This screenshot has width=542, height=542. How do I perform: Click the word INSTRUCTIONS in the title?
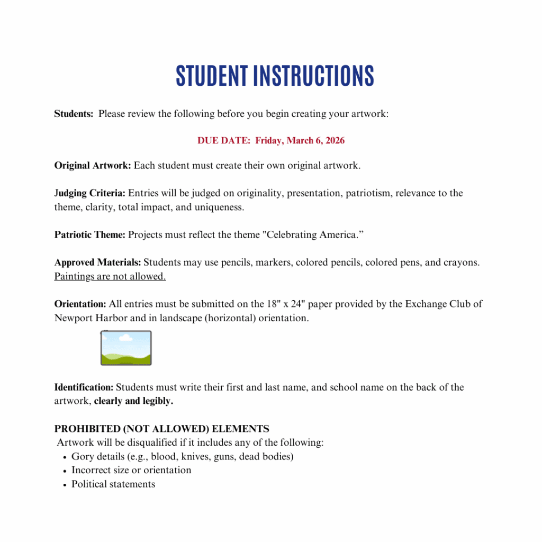point(313,76)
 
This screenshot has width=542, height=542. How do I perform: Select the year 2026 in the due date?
point(333,141)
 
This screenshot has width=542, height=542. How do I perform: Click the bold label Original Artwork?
point(93,166)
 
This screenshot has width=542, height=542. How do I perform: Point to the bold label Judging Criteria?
point(90,193)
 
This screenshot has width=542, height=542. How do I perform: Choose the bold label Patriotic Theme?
point(90,235)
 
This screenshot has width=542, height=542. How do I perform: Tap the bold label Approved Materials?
point(97,263)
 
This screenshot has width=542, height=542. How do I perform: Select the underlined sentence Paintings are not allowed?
point(110,276)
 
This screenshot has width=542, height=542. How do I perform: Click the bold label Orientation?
point(80,304)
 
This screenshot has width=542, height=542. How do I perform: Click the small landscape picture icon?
point(126,348)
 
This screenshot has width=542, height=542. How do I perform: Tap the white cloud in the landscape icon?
point(125,337)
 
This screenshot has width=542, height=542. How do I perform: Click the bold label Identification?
point(84,387)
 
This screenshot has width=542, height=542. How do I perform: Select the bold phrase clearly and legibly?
point(133,401)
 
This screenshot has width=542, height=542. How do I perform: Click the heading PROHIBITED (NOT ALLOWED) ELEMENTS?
point(161,429)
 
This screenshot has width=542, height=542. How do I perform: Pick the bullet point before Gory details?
point(64,457)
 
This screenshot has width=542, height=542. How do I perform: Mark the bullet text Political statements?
point(113,484)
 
